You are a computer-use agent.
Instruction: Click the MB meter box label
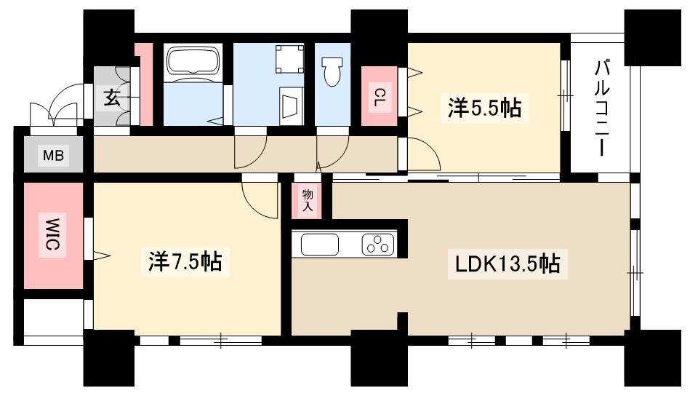tap(53, 156)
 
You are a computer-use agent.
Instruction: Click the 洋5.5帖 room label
tap(484, 108)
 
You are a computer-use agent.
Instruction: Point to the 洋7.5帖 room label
tap(185, 262)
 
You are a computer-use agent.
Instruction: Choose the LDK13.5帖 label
tap(508, 264)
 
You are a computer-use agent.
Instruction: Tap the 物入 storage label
tap(308, 199)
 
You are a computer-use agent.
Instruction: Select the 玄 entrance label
tap(111, 98)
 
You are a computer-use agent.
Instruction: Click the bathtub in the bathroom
tap(193, 60)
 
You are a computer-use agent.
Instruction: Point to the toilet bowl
tap(332, 71)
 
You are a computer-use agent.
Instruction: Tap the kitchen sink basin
tap(319, 245)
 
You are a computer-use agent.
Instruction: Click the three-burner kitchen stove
tap(378, 245)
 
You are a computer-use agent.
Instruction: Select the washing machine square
tap(289, 59)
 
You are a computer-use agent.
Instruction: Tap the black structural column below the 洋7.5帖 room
tap(108, 357)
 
